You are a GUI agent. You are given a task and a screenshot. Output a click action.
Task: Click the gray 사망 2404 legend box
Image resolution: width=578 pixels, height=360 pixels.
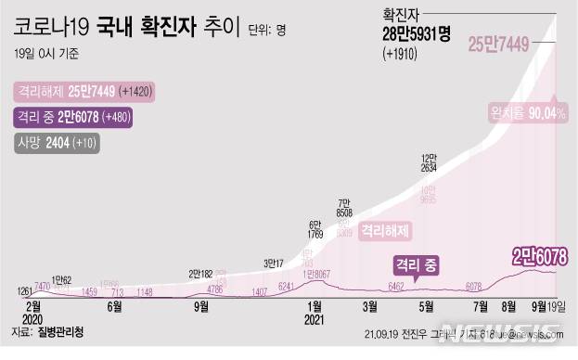click(56, 143)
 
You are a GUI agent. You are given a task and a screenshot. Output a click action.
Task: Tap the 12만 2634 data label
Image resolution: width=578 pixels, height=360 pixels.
click(429, 163)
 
